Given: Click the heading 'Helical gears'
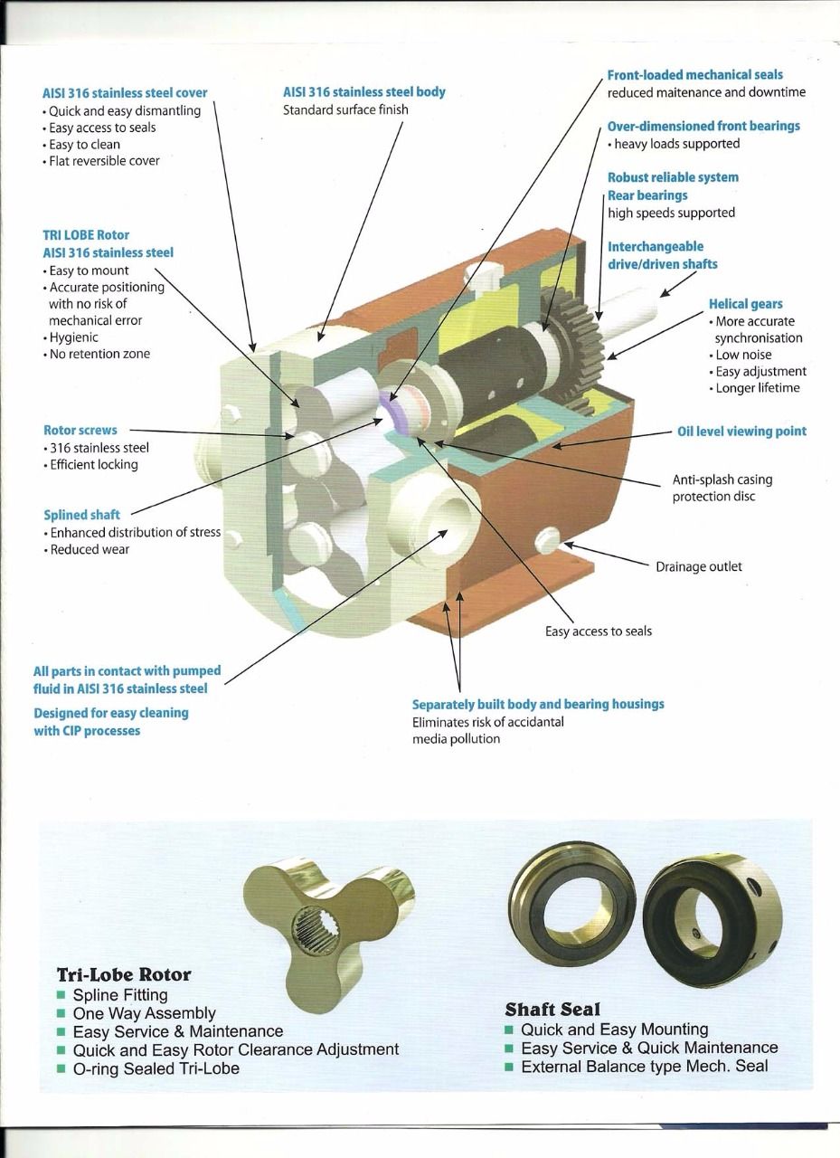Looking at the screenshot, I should coord(745,304).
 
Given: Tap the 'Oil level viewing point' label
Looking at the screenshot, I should coord(741,432).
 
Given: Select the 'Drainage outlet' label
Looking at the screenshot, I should coord(698,566).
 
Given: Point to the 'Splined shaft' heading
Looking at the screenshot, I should coord(81,515).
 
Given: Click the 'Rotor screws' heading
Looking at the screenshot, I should coord(80,431).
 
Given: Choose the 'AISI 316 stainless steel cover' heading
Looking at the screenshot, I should coord(125,93).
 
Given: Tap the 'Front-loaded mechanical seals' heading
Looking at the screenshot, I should coord(694,75).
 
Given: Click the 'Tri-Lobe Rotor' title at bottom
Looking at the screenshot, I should coord(124,974).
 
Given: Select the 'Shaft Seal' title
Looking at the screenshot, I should coord(552,1009).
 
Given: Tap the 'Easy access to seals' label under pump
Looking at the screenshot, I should coord(598,631).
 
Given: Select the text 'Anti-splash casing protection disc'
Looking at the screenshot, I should coord(722,488).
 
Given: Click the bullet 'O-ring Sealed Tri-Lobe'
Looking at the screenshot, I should coord(156,1068).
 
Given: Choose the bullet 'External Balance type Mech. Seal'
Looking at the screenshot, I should coord(644,1066).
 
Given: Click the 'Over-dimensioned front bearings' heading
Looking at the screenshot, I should coord(703,127).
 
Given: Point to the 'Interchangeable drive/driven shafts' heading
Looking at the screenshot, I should coord(662,255).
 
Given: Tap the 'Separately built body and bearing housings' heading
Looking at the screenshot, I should coord(538,704).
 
